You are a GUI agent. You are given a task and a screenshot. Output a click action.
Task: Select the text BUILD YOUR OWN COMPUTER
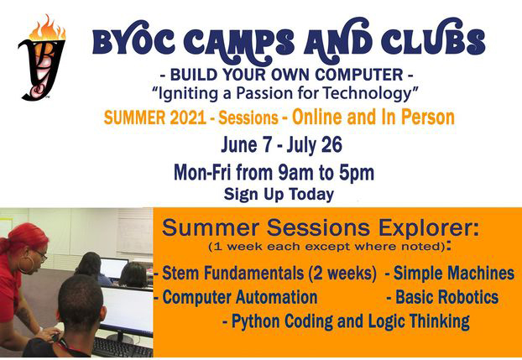click(x=281, y=71)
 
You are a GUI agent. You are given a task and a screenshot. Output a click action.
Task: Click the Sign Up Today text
click(x=279, y=195)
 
